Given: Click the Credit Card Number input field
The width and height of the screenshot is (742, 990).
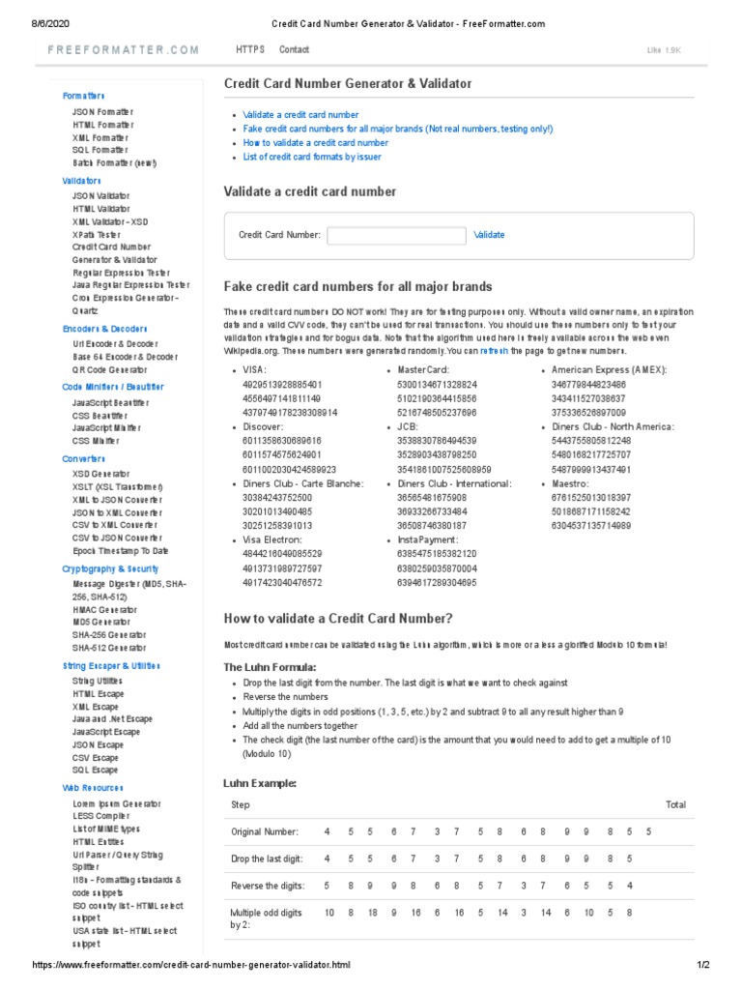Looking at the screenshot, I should click(x=396, y=235).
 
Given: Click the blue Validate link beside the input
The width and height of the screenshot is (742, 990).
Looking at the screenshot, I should click(x=488, y=235).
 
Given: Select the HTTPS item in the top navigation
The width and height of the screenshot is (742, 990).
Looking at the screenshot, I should click(x=249, y=49).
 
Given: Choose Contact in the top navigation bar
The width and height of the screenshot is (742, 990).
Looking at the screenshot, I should click(x=294, y=49).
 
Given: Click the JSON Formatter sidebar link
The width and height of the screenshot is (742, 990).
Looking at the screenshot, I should click(x=103, y=112).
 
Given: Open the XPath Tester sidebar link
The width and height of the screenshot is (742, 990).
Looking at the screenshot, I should click(x=97, y=234).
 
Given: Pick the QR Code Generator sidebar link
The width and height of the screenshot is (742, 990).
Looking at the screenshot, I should click(x=109, y=369).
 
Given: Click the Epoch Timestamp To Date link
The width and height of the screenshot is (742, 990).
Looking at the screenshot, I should click(x=120, y=550).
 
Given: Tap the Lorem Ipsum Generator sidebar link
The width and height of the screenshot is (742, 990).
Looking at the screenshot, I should click(x=117, y=804).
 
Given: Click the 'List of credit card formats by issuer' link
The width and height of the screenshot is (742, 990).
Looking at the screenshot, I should click(x=312, y=157).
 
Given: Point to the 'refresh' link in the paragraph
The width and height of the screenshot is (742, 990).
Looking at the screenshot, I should click(x=494, y=351).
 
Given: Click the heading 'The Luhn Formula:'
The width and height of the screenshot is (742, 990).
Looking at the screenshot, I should click(x=270, y=667).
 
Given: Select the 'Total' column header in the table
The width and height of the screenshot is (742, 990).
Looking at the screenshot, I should click(x=675, y=804).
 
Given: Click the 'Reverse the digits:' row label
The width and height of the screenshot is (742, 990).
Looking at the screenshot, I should click(x=267, y=886).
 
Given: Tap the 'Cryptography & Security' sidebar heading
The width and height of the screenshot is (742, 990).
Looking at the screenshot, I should click(x=110, y=569).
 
